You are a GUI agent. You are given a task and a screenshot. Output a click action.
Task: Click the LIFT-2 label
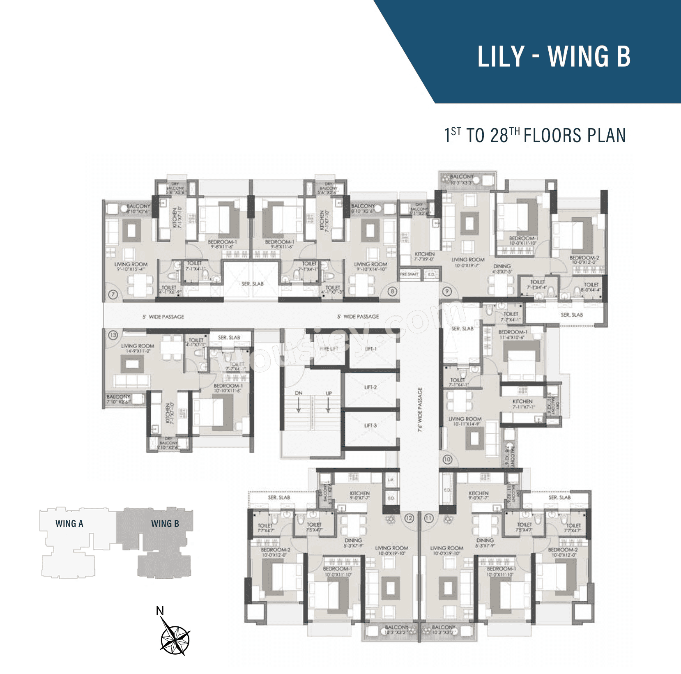coord(370,387)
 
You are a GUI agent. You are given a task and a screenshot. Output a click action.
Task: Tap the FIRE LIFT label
coord(329,349)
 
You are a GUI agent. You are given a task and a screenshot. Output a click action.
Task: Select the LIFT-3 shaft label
coord(370,426)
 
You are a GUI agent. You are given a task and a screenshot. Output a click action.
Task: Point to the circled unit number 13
coord(113,335)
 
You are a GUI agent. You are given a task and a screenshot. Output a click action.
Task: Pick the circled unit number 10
coord(447,460)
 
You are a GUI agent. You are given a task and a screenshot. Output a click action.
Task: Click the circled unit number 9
coord(447,291)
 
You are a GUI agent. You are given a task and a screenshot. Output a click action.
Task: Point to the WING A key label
coord(69,524)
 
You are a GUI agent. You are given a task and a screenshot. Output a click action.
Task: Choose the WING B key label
coord(165,524)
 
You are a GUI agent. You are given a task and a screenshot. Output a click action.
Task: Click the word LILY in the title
coord(501,57)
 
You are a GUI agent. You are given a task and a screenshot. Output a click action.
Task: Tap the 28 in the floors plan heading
coord(499,136)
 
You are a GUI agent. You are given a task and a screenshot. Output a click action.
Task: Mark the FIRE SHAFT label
coord(409,274)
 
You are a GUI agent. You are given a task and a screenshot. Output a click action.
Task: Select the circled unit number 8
coord(393,291)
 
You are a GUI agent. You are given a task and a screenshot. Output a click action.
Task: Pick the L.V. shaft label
coord(391,479)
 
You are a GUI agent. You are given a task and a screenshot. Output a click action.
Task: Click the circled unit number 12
coord(409,518)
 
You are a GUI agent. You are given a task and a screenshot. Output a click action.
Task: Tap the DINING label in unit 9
coord(502,266)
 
